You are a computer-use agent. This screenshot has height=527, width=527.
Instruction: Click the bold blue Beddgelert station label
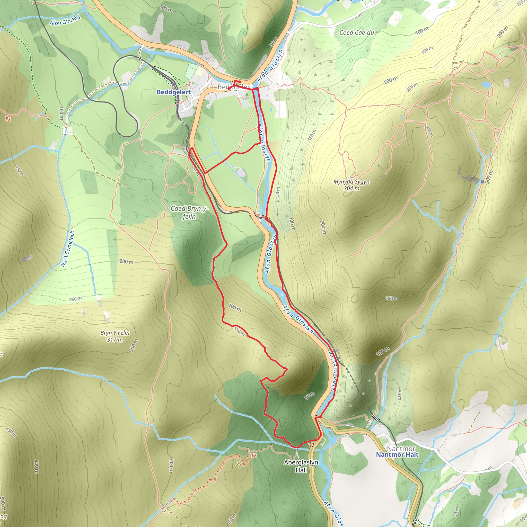[x=173, y=92]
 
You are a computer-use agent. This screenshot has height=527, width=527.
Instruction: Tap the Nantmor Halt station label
[x=397, y=454]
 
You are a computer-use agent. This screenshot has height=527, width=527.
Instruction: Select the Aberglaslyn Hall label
[x=301, y=466]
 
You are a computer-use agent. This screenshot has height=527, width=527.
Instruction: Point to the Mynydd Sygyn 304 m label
[x=351, y=185]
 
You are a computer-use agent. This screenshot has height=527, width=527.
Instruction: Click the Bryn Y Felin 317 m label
[x=115, y=336]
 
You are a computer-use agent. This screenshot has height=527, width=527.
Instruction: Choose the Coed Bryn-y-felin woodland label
[x=189, y=213]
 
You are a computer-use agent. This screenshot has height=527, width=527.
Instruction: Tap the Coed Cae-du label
[x=356, y=33]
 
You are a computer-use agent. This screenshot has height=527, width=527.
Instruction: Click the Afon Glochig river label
[x=65, y=20]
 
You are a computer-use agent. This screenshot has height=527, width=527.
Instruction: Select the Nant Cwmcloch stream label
[x=68, y=249]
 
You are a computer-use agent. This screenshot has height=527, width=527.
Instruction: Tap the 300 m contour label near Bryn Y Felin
[x=134, y=345]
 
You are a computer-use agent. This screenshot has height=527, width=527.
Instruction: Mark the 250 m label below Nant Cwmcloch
[x=75, y=299]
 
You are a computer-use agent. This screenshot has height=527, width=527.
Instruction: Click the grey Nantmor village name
[x=401, y=449]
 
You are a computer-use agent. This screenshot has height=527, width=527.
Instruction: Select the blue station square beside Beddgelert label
[x=173, y=85]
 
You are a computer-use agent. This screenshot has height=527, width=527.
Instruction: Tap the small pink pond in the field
[x=241, y=172]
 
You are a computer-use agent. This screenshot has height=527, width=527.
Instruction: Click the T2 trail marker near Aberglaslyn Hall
[x=311, y=445]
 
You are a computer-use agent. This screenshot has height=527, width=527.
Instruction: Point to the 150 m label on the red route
[x=240, y=332]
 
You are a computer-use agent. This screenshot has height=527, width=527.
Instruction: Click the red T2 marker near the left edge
[x=8, y=119]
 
